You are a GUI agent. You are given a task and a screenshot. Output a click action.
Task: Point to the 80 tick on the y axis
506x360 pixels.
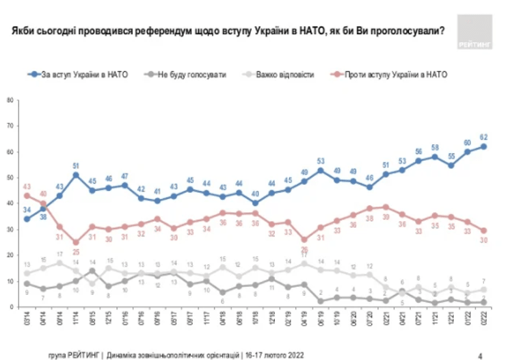coord(10,100)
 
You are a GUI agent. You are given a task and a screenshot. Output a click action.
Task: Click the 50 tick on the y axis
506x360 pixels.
coord(10,177)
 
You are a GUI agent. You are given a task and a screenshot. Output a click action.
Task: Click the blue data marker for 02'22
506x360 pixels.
coord(483,146)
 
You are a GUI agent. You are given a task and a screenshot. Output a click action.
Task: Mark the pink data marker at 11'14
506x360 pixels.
coord(76,242)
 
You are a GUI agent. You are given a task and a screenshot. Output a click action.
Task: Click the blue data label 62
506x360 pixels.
coord(483,136)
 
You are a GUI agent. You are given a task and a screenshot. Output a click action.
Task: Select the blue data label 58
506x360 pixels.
coord(434,147)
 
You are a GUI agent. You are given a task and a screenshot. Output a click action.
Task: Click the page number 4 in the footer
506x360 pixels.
coord(481,354)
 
